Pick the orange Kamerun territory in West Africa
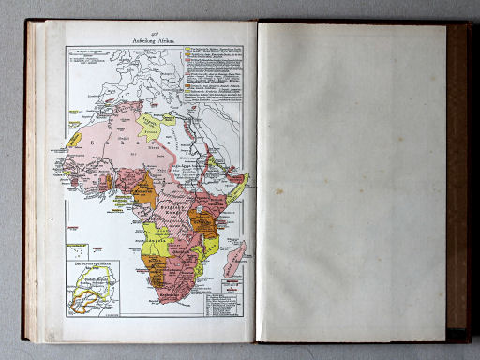point(145,192)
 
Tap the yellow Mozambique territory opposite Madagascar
point(212,246)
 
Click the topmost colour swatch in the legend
point(187,47)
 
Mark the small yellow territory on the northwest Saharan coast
point(74,140)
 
